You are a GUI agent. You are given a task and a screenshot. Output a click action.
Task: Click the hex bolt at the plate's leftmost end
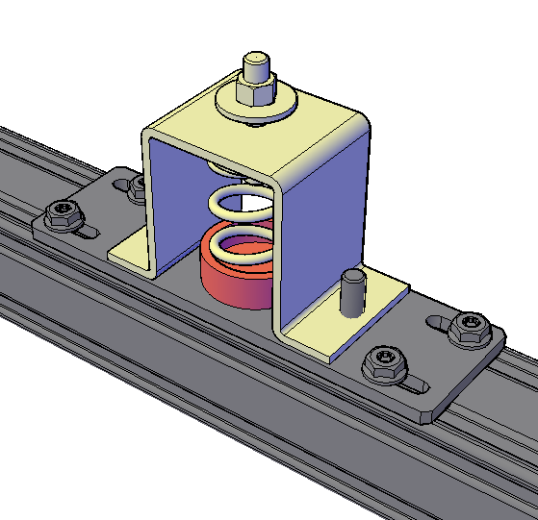[x=63, y=212]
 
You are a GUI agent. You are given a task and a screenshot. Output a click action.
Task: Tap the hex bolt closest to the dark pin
[x=381, y=363]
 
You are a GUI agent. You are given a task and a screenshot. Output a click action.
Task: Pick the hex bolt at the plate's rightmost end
[x=471, y=328]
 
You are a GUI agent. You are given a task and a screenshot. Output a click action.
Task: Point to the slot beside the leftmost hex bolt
[x=87, y=232]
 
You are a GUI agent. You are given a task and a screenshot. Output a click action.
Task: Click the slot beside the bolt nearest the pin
[x=413, y=385]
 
